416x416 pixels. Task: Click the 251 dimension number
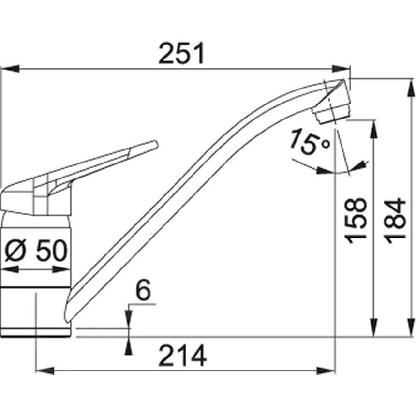coord(182,54)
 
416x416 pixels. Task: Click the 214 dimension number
coord(183,357)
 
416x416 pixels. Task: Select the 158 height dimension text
coord(357,220)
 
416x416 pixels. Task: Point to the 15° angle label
coord(310,144)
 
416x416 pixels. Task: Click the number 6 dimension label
coord(142,292)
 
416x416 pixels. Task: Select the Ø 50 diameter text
coord(35,251)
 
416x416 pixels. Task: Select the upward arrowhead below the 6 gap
coord(129,344)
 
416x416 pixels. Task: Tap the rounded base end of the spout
coord(68,317)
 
